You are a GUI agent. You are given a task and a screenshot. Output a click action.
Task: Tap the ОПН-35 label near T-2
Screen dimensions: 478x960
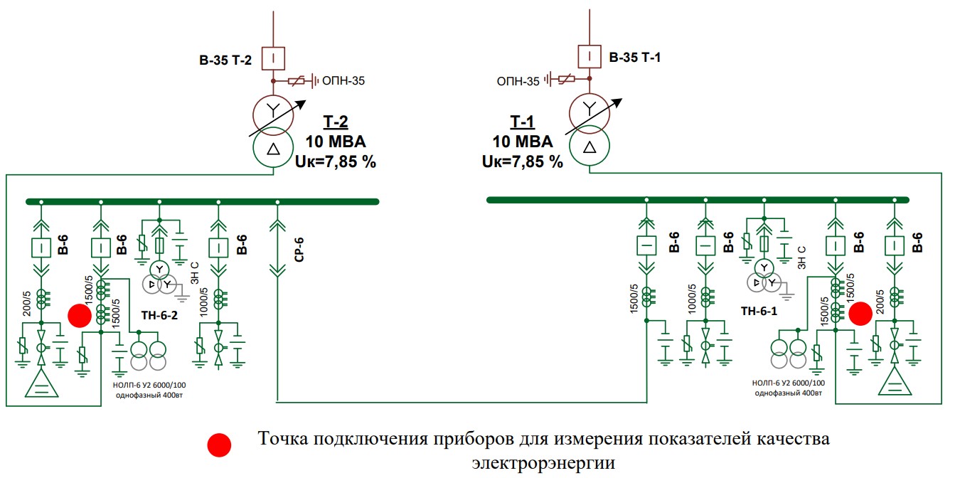click(x=343, y=81)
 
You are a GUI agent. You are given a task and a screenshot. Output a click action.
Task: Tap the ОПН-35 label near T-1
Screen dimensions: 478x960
click(x=518, y=82)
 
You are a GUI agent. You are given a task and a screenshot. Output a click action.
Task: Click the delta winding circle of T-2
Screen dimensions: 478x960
click(x=274, y=150)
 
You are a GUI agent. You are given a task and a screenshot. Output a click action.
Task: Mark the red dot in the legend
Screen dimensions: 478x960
click(x=220, y=445)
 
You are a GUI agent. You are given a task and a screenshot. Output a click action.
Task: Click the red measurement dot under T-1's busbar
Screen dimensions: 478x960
click(x=861, y=314)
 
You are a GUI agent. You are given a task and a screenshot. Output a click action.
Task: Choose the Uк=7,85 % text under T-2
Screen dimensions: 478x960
click(x=334, y=161)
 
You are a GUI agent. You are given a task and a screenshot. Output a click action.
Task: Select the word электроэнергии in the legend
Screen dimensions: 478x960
click(x=543, y=463)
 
